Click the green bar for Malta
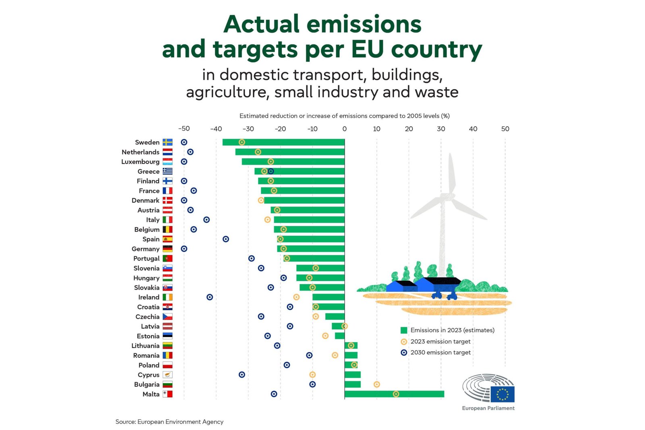(x=394, y=394)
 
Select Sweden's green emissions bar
(x=283, y=142)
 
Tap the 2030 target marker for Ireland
(x=210, y=297)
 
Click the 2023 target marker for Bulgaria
(x=377, y=384)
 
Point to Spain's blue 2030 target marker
(x=226, y=239)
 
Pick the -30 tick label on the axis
(x=248, y=129)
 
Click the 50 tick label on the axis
(x=505, y=129)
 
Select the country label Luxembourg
(x=140, y=162)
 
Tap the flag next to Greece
(x=168, y=171)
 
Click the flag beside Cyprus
(x=168, y=375)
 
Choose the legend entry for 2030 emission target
(x=440, y=353)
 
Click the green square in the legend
(x=404, y=330)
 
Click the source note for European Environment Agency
(x=169, y=422)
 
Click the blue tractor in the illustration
(x=443, y=294)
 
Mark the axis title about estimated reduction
(x=344, y=116)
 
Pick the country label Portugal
(x=146, y=259)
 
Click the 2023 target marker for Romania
(x=335, y=355)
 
